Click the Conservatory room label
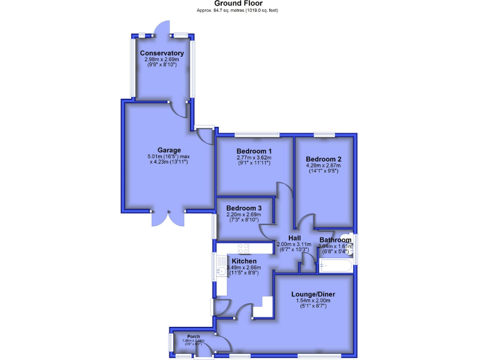162,53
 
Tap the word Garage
169,150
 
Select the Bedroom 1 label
254,151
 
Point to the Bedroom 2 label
324,159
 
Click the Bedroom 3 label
244,208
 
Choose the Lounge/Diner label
313,294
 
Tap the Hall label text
294,238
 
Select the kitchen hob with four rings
243,247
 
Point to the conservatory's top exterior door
162,28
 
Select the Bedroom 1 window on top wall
256,134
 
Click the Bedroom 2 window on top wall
324,134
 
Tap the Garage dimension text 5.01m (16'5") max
169,156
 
